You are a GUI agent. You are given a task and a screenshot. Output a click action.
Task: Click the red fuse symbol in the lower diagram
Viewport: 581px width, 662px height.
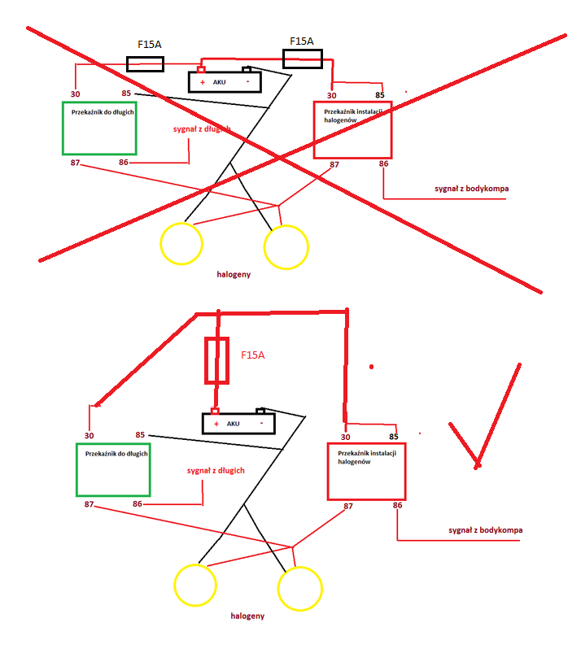(x=216, y=360)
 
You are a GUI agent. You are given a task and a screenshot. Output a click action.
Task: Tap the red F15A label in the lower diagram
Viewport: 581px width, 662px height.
(x=253, y=355)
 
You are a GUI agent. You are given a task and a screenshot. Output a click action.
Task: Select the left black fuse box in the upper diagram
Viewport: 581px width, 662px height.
(x=145, y=63)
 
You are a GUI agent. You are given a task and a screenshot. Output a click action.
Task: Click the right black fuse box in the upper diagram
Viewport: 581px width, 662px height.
(x=302, y=59)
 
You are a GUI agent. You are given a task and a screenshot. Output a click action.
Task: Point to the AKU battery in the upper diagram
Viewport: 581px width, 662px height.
(x=225, y=81)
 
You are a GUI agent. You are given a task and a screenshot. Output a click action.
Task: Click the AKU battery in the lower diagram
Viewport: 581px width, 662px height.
(x=238, y=423)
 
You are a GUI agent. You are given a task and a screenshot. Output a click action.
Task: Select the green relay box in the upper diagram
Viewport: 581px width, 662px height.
(x=99, y=128)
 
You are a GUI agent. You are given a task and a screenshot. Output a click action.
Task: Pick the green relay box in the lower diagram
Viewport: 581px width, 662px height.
(x=113, y=469)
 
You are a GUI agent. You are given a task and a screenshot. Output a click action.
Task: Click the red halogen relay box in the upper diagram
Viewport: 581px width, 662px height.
(x=352, y=129)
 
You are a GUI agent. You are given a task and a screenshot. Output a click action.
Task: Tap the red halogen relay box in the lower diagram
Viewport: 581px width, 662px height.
(x=365, y=471)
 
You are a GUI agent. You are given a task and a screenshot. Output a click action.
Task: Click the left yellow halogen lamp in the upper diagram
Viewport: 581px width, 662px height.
(x=181, y=242)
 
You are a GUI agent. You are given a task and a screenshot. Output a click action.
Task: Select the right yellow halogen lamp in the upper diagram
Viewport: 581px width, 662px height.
(x=286, y=247)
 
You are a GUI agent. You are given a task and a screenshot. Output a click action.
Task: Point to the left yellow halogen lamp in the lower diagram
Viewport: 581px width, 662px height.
(x=195, y=584)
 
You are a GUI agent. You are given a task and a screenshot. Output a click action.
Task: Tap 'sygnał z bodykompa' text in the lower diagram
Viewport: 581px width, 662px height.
(x=485, y=530)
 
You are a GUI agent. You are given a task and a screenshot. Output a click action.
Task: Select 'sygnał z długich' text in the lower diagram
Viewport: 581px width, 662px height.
(x=216, y=470)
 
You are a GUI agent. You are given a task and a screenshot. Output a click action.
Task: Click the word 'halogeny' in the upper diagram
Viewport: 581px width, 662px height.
(x=234, y=274)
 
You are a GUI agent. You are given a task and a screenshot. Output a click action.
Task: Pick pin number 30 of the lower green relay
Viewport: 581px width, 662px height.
(x=90, y=436)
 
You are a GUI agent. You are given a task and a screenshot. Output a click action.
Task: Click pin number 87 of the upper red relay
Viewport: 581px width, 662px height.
(x=334, y=164)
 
